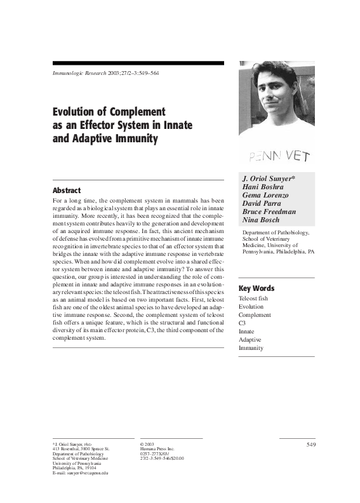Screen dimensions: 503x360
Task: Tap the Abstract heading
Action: tap(67, 190)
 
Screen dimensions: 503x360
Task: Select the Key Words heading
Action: tap(257, 288)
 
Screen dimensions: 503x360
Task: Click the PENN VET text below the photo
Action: tap(278, 154)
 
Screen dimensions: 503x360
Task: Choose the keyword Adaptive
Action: tap(250, 340)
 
